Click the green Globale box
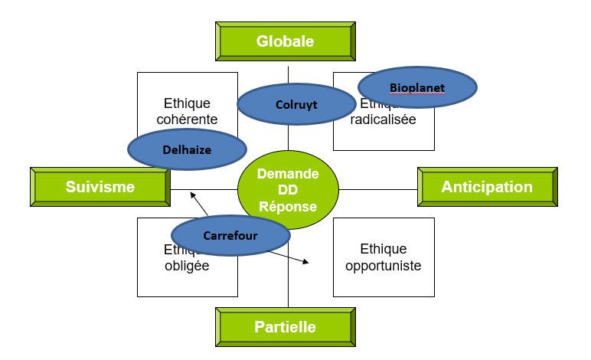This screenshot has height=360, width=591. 286,41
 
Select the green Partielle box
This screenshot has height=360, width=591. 286,327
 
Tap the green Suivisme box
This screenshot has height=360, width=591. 100,187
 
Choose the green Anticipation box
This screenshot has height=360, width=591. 487,187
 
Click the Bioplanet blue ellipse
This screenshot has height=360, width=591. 417,87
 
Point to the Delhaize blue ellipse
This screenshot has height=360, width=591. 187,150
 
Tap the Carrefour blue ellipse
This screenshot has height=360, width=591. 230,235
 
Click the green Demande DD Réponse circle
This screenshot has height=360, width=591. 288,191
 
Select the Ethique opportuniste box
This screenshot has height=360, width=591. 383,257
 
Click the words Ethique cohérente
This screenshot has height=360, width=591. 187,111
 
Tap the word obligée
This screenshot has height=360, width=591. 187,267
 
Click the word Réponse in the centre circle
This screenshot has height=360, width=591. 288,207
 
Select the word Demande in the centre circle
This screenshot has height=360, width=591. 288,174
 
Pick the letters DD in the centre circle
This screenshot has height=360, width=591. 288,191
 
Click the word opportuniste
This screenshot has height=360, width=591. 383,266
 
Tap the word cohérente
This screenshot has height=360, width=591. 187,119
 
